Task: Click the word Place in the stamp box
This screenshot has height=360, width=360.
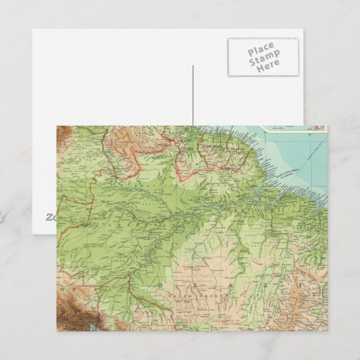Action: (261, 52)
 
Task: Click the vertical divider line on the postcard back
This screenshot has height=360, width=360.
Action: (193, 95)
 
